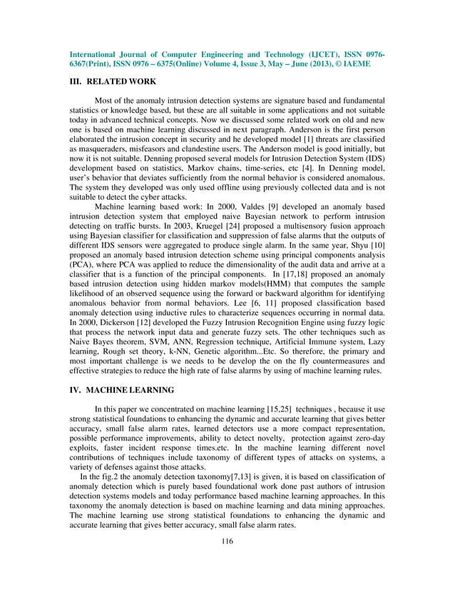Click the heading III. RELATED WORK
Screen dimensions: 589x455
pos(113,82)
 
